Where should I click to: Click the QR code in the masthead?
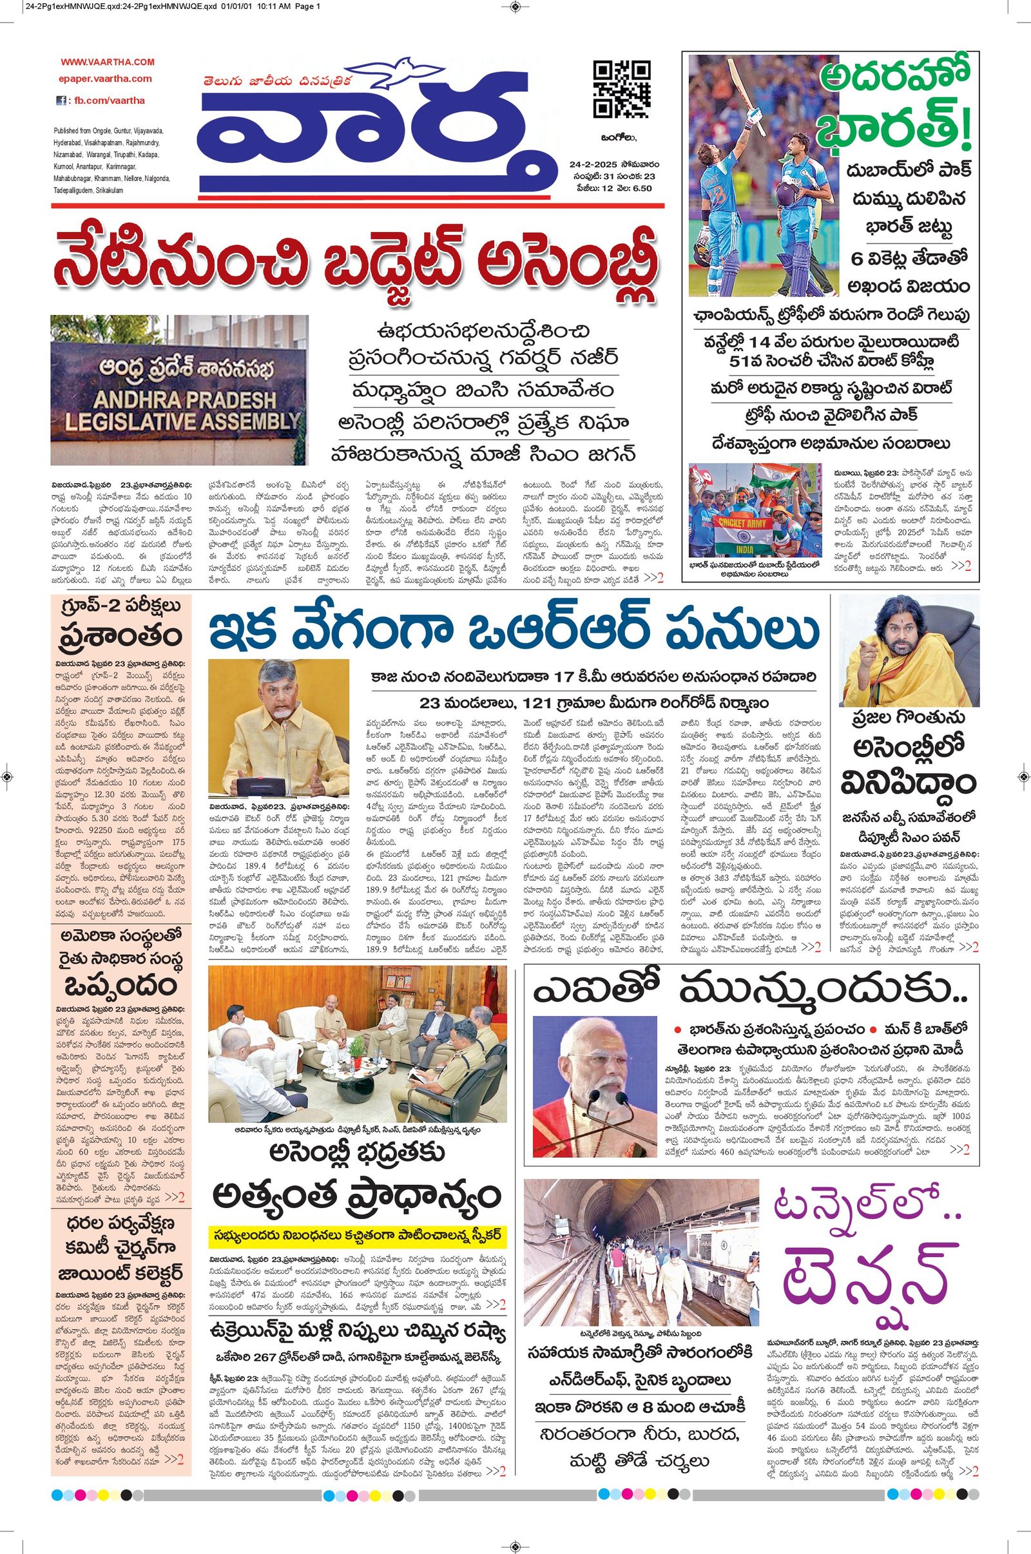pos(621,89)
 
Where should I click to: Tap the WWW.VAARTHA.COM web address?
pos(108,62)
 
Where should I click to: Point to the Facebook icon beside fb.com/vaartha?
pos(61,101)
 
